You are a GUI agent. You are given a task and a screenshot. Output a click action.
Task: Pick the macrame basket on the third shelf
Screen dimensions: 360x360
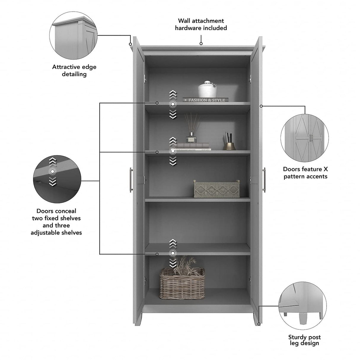click(216, 189)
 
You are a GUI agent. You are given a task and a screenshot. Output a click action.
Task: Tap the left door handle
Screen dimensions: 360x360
click(131, 180)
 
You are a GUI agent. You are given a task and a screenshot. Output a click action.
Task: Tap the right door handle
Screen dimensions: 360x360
click(264, 180)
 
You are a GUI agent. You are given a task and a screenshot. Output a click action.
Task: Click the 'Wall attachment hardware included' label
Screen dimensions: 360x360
click(201, 24)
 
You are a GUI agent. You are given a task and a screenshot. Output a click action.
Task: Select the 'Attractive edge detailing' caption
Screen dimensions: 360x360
click(74, 71)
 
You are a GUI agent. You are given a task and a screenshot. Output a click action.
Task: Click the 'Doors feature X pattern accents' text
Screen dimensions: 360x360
click(305, 173)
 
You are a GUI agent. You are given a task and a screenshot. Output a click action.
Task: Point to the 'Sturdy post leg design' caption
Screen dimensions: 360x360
click(304, 340)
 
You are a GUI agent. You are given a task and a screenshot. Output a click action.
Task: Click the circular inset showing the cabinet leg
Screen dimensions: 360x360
click(302, 306)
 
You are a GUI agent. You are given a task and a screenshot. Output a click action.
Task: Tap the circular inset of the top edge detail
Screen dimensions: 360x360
click(73, 35)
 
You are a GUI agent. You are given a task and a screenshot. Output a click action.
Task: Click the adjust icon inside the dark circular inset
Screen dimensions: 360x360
click(52, 171)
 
